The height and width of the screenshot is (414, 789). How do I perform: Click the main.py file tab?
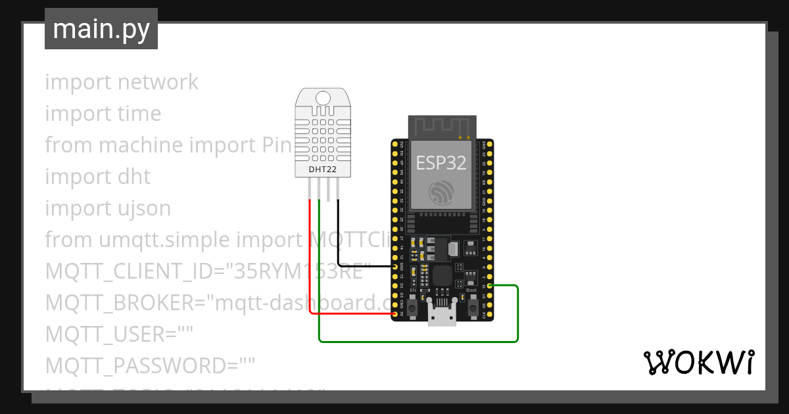point(101,29)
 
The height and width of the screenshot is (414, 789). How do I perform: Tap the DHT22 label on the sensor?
point(322,170)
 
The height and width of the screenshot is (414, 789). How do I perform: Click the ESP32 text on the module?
point(441,164)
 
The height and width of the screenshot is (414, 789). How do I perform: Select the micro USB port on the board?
point(442,314)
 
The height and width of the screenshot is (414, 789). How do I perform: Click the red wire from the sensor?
point(310,263)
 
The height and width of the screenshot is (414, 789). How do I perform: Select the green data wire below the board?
point(421,342)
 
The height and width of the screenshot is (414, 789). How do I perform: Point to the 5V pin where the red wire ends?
point(395,314)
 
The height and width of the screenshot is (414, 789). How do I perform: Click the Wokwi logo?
point(698,362)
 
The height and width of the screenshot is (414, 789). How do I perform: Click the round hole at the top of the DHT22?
point(322,98)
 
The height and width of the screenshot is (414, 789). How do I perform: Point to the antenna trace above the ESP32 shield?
point(441,127)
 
